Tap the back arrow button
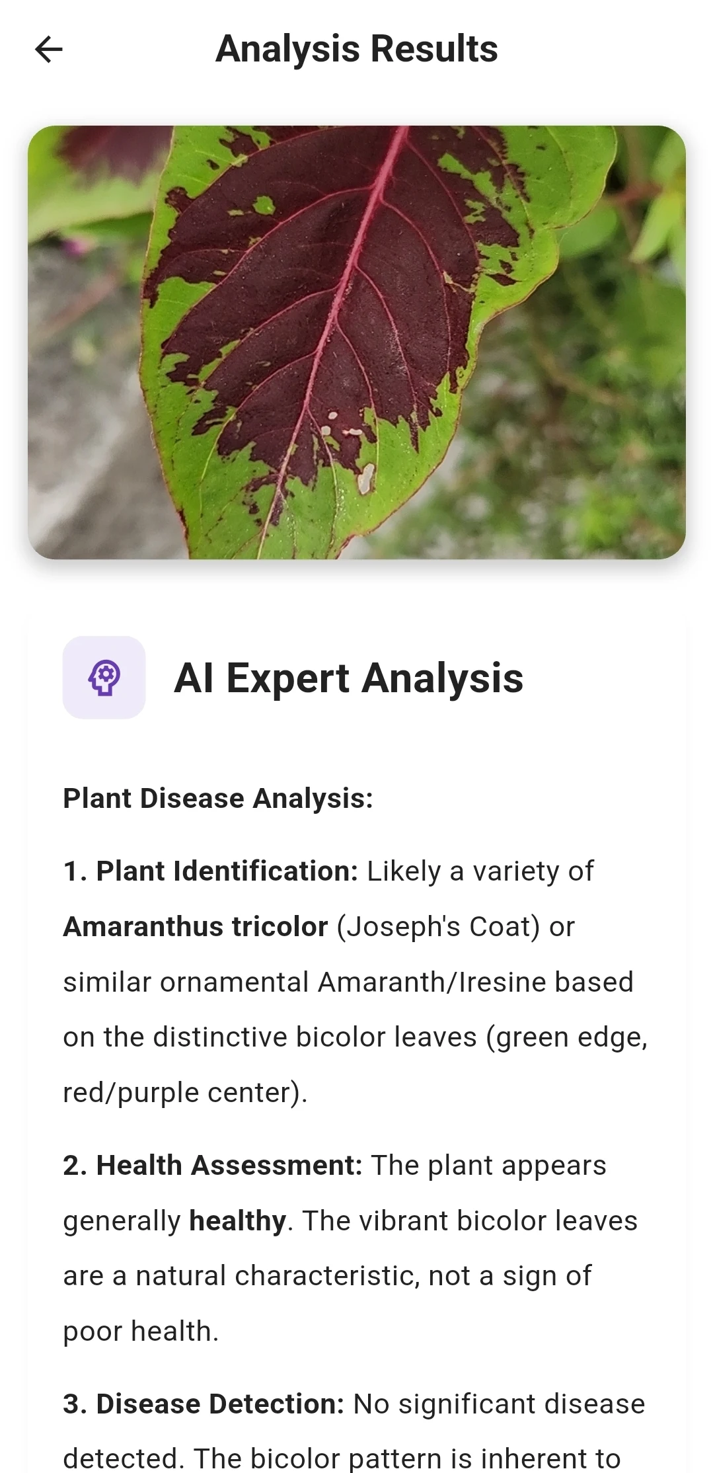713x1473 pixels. [48, 49]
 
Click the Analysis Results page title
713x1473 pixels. [357, 49]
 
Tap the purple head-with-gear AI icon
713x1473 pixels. [104, 678]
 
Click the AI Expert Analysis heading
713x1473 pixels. [349, 678]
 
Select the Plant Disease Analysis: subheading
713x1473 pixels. [218, 799]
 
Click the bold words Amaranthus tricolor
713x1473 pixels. [196, 927]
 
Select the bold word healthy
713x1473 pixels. [238, 1221]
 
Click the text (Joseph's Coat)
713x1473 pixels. [439, 928]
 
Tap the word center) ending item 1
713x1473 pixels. [258, 1093]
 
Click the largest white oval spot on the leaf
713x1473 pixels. [365, 479]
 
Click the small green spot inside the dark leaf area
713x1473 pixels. [264, 205]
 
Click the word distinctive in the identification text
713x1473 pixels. [224, 1037]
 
